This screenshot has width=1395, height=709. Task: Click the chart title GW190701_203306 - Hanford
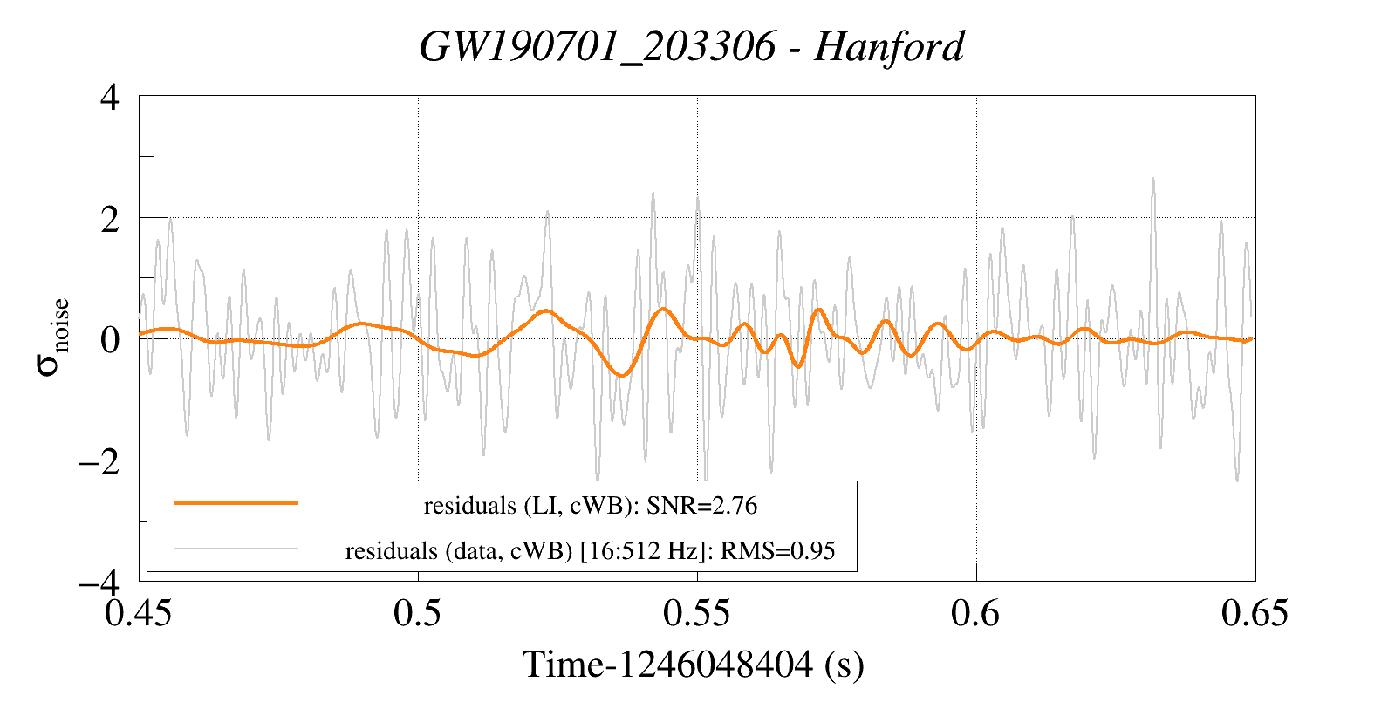[692, 46]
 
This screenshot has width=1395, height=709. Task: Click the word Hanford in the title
[889, 46]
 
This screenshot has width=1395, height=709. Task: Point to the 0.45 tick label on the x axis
[139, 613]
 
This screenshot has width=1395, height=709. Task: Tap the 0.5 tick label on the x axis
[418, 613]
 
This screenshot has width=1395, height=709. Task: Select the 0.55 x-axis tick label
[696, 613]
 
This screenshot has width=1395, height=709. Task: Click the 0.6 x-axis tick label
[975, 613]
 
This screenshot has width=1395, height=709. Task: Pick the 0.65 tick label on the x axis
[1255, 613]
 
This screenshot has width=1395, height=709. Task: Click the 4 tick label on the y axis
[110, 97]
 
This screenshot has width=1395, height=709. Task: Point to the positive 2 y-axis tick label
[110, 219]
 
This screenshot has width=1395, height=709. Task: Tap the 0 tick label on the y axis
[110, 339]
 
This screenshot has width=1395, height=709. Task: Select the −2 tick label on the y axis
[99, 460]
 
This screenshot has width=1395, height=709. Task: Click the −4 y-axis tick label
[99, 582]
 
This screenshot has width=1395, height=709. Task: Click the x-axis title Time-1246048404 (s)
[694, 665]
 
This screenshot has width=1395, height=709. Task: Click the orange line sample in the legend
[236, 503]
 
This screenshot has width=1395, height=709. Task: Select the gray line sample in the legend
[236, 549]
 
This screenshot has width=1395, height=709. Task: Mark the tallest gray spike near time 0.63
[1153, 180]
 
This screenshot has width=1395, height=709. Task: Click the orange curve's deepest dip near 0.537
[622, 375]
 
